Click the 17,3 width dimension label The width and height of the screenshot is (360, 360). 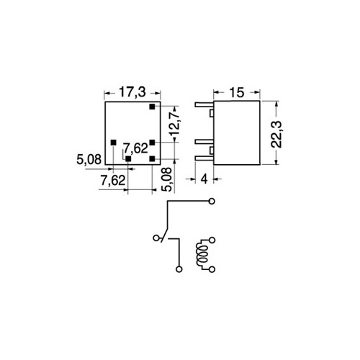click(132, 93)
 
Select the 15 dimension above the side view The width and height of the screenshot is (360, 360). click(237, 93)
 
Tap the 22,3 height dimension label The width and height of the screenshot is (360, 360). click(276, 135)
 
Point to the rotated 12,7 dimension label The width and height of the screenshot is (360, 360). click(174, 124)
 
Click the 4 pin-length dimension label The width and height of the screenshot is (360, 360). click(204, 179)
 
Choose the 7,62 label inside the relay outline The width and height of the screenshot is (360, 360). click(135, 148)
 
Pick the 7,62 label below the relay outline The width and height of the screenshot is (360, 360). click(113, 181)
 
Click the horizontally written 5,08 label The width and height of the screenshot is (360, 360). click(89, 160)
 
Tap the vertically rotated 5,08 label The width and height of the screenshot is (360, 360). click(167, 179)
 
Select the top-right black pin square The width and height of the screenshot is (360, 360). click(152, 107)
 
